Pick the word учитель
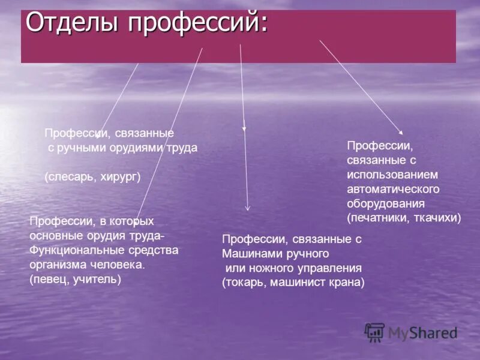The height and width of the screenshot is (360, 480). [97, 279]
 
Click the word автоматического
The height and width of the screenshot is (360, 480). [393, 189]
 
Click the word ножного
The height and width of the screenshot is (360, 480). [268, 268]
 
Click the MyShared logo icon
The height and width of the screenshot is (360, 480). [374, 332]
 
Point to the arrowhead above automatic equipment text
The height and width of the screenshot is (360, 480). [401, 132]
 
